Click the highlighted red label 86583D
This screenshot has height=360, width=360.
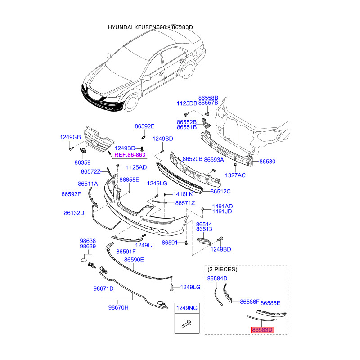click(262, 330)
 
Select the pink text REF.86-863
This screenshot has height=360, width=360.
click(130, 155)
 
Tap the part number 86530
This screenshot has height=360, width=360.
click(267, 162)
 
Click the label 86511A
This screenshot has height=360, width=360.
click(88, 184)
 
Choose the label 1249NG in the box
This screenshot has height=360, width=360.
click(187, 308)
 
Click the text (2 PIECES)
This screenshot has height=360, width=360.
click(222, 269)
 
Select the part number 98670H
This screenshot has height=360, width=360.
click(118, 307)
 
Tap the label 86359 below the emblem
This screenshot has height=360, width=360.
click(83, 162)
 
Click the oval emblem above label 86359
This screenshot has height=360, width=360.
click(83, 150)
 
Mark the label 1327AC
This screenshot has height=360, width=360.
click(235, 175)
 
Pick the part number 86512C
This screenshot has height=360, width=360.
click(220, 192)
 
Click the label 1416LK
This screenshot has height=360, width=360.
click(183, 194)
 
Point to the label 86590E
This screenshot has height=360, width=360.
click(134, 260)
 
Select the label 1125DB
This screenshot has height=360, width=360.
click(187, 103)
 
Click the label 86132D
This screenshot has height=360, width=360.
click(74, 213)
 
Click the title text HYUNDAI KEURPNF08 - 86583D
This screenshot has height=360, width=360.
click(150, 27)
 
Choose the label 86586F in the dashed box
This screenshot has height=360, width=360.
click(250, 301)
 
